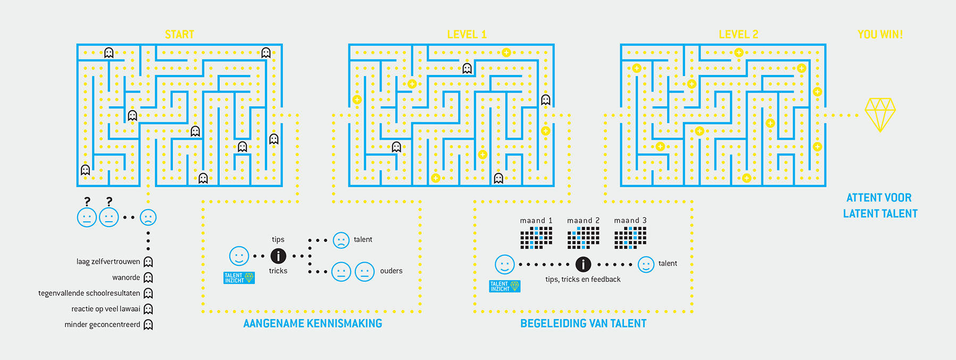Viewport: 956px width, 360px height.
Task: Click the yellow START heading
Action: click(x=179, y=35)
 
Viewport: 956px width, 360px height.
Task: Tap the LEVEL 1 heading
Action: click(x=467, y=35)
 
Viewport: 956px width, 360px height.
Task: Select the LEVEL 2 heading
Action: click(x=738, y=35)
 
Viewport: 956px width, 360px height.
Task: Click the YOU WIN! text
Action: click(x=880, y=35)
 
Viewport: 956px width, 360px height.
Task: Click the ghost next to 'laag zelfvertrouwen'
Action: click(x=148, y=262)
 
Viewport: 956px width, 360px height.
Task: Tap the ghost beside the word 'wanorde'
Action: click(x=148, y=278)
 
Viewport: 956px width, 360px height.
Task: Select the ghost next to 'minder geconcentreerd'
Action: click(x=148, y=325)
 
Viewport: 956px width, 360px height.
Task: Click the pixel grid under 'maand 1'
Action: click(x=536, y=238)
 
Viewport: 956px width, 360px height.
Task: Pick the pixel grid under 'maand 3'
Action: click(x=630, y=238)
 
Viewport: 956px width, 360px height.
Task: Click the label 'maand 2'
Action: click(x=583, y=220)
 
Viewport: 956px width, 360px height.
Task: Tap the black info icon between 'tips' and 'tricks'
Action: click(x=278, y=256)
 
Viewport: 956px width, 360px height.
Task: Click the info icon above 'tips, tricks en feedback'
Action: click(x=583, y=264)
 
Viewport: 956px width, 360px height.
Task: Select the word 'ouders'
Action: click(x=391, y=271)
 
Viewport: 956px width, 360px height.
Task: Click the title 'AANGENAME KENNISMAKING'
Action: click(x=313, y=323)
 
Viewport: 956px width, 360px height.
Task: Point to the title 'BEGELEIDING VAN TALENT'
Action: click(x=583, y=323)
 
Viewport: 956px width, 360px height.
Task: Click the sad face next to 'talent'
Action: click(x=341, y=240)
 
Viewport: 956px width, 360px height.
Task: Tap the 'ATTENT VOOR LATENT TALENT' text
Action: click(x=880, y=205)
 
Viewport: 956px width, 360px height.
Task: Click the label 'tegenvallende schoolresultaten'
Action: click(x=89, y=293)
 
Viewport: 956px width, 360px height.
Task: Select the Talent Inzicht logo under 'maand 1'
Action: click(x=505, y=287)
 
